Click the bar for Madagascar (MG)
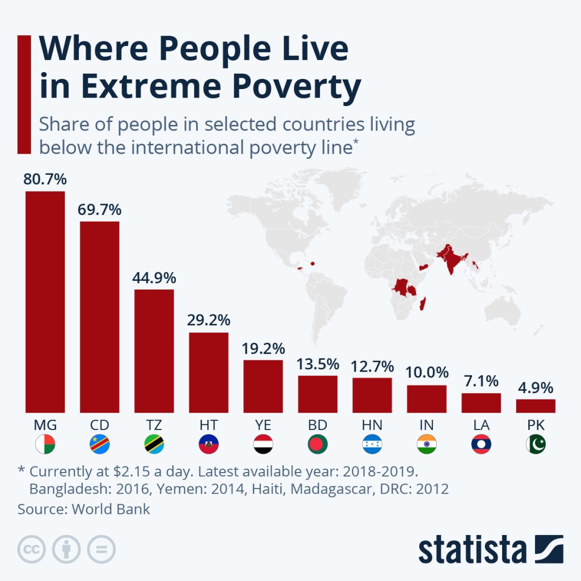(45, 302)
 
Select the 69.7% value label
(99, 210)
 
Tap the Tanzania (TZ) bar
(154, 351)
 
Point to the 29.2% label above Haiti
(208, 321)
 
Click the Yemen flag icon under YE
(263, 444)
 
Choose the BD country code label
(318, 425)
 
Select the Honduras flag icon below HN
(372, 444)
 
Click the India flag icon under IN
(427, 444)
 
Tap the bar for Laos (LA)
(481, 403)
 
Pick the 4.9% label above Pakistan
(536, 389)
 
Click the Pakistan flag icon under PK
(536, 444)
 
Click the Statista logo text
(472, 550)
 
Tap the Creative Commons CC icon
(32, 549)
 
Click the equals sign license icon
(101, 549)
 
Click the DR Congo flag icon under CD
(99, 444)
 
